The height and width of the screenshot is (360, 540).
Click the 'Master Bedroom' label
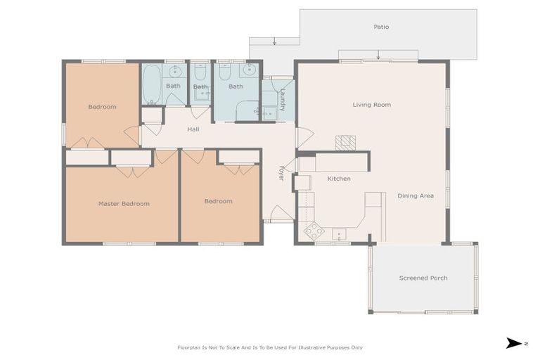[124, 204]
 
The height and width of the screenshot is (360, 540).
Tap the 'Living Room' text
[371, 105]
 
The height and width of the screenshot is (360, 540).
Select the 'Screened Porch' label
[423, 278]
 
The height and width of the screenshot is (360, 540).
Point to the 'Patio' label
[381, 27]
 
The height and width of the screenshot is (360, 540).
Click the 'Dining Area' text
[415, 195]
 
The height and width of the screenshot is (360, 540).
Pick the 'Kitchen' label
[338, 179]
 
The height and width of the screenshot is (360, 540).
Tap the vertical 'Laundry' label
[282, 98]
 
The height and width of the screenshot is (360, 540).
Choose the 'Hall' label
[193, 129]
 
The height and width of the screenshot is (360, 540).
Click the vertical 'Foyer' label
[281, 174]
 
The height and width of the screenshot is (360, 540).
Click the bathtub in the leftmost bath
[151, 84]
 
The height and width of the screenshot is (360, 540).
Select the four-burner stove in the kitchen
[313, 231]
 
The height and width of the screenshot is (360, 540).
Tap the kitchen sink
[340, 233]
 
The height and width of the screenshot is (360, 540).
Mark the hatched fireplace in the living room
[345, 143]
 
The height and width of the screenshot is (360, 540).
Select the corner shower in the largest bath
[247, 110]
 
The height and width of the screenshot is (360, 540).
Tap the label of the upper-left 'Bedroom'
[102, 107]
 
